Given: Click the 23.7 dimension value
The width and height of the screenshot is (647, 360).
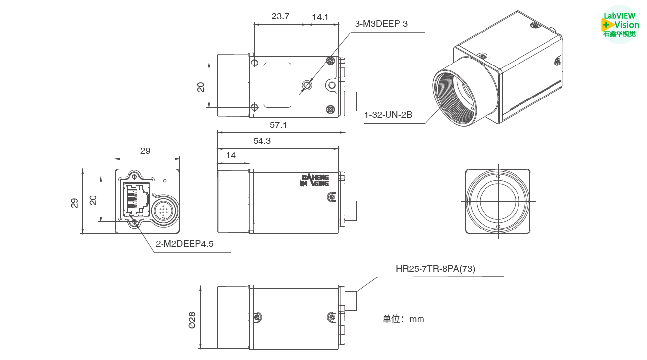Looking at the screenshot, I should click(280, 16).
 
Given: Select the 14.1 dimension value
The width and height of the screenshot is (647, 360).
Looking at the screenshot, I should click(320, 17).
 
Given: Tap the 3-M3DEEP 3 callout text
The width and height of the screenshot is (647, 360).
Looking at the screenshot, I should click(381, 24).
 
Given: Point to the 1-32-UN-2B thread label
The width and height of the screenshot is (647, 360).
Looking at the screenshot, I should click(388, 115).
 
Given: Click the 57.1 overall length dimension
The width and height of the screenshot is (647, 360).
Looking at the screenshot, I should click(278, 125).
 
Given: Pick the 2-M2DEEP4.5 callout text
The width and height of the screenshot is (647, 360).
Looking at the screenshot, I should click(185, 243).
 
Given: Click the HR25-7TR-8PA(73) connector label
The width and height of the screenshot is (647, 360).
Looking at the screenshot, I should click(435, 268).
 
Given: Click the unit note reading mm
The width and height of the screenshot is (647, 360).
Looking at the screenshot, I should click(403, 319).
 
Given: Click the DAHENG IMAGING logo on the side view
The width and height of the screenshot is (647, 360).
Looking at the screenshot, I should click(315, 180).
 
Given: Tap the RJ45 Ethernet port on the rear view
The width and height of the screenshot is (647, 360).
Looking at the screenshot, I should click(136, 198).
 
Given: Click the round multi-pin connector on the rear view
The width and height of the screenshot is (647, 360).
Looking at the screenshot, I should click(163, 210).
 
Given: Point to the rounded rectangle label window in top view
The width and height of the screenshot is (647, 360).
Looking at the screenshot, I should click(277, 85).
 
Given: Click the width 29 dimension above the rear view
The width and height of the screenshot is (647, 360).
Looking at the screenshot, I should click(145, 151).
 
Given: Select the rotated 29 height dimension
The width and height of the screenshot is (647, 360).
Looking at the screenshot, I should click(75, 202).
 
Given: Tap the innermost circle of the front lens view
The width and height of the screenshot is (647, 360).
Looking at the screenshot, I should click(498, 201).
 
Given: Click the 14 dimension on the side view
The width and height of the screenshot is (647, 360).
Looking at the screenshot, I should click(230, 155).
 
